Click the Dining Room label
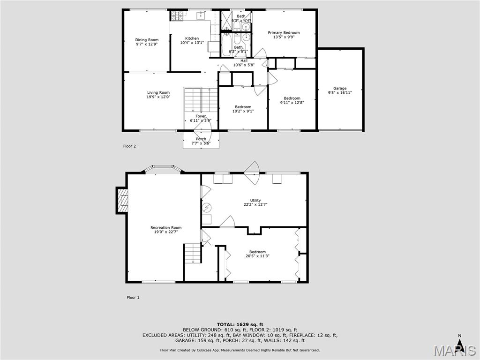pyautogui.click(x=147, y=40)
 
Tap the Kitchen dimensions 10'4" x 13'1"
pyautogui.click(x=192, y=43)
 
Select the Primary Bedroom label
pyautogui.click(x=284, y=33)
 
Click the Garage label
pyautogui.click(x=340, y=88)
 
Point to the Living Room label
pyautogui.click(x=158, y=93)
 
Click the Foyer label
pyautogui.click(x=201, y=116)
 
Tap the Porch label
pyautogui.click(x=201, y=139)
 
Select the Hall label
pyautogui.click(x=244, y=60)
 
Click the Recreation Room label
pyautogui.click(x=165, y=228)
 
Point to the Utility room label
pyautogui.click(x=255, y=200)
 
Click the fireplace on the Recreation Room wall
pyautogui.click(x=122, y=201)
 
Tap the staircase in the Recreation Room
pyautogui.click(x=192, y=253)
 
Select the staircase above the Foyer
pyautogui.click(x=201, y=99)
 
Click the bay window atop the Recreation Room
pyautogui.click(x=163, y=169)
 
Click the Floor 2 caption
pyautogui.click(x=129, y=146)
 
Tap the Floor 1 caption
pyautogui.click(x=133, y=297)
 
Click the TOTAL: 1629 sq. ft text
pyautogui.click(x=240, y=324)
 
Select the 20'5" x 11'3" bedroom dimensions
pyautogui.click(x=257, y=256)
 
